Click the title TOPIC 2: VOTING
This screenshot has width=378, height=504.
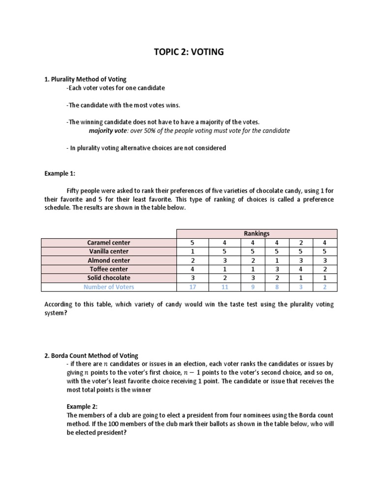pyautogui.click(x=189, y=52)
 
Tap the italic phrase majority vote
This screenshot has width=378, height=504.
pyautogui.click(x=108, y=131)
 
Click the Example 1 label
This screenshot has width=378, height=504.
pyautogui.click(x=60, y=174)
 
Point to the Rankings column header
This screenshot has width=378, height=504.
pyautogui.click(x=256, y=234)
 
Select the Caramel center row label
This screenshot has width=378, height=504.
pyautogui.click(x=109, y=243)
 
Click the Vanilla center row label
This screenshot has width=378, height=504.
pyautogui.click(x=109, y=252)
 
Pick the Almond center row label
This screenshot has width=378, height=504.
pyautogui.click(x=109, y=260)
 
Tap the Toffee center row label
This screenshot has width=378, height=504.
pyautogui.click(x=109, y=269)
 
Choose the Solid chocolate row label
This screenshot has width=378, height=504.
pyautogui.click(x=109, y=278)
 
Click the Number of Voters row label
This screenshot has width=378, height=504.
pyautogui.click(x=109, y=287)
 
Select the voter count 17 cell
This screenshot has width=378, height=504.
pyautogui.click(x=192, y=287)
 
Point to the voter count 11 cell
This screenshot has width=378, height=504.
pyautogui.click(x=224, y=287)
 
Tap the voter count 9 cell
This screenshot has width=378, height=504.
pyautogui.click(x=252, y=287)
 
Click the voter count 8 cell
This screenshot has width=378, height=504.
pyautogui.click(x=278, y=287)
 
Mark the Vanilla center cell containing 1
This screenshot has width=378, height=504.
pyautogui.click(x=192, y=252)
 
